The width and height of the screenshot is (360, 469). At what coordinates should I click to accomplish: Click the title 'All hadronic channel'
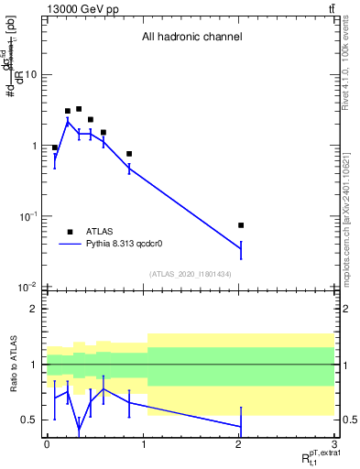(x=191, y=38)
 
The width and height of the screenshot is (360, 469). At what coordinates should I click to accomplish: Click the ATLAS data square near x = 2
(x=241, y=224)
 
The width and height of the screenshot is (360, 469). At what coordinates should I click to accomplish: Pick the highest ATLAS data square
(x=79, y=109)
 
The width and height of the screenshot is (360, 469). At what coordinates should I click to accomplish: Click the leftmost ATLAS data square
(x=55, y=147)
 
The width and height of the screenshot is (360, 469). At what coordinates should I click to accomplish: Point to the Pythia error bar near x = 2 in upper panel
(x=241, y=248)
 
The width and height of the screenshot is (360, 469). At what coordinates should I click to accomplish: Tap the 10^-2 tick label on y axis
(x=27, y=288)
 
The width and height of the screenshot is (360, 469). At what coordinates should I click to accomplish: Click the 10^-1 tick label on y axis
(x=27, y=216)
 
